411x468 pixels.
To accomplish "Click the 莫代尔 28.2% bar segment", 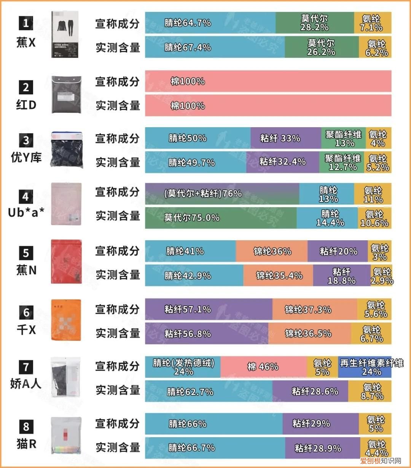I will click(x=314, y=23).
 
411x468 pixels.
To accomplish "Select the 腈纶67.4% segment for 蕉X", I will click(x=215, y=47).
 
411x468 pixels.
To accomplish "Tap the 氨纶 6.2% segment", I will click(x=375, y=48).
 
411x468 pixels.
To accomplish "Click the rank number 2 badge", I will click(x=26, y=87).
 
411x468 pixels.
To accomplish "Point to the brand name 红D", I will click(x=26, y=105).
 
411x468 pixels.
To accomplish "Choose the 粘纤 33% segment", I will click(x=285, y=138).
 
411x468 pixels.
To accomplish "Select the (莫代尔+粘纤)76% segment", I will click(x=222, y=193).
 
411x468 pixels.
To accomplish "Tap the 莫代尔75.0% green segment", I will click(x=221, y=217).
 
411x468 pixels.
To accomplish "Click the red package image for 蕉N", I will click(x=66, y=262).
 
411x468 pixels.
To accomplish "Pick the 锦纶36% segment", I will click(x=271, y=251).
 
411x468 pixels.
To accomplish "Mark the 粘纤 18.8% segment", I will click(x=341, y=276).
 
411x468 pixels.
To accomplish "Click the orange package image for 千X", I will click(x=66, y=320).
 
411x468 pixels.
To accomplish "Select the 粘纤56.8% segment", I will click(x=206, y=334).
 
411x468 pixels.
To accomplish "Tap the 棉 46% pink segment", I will click(x=263, y=367).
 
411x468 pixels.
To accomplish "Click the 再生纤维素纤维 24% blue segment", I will click(x=365, y=367).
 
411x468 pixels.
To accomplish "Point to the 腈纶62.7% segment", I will click(x=209, y=391).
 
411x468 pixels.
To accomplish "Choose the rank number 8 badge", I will click(x=26, y=426).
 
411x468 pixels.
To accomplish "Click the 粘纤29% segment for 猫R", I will click(x=320, y=423).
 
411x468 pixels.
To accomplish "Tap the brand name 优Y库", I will click(x=26, y=157).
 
